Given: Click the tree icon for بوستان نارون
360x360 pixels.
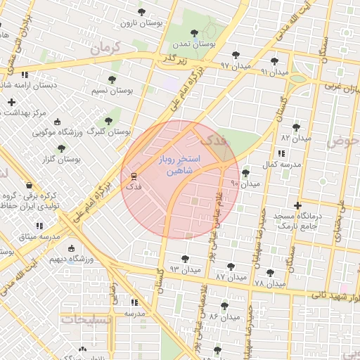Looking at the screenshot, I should point(142,12).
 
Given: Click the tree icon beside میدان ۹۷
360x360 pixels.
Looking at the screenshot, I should point(235,54).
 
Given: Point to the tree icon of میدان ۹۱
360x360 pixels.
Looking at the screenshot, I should point(274,61).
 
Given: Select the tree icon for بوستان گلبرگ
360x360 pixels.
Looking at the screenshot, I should point(108,120).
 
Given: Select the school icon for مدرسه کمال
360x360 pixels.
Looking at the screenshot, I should point(281,153).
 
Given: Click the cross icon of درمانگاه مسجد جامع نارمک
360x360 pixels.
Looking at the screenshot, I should point(297,205).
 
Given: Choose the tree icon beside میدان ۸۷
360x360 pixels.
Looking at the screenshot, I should point(231,266).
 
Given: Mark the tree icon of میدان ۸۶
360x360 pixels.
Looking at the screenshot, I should point(224,306).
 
